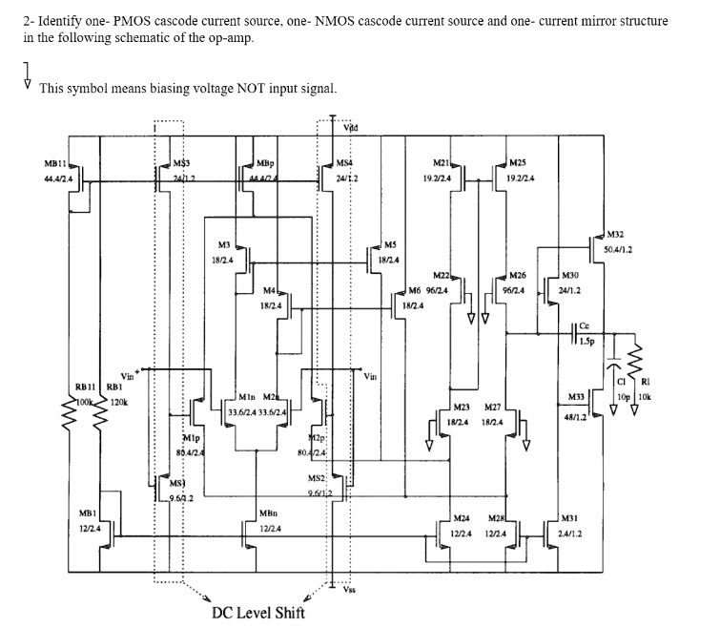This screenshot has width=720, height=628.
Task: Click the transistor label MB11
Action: (55, 164)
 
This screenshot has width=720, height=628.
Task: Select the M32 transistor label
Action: (616, 233)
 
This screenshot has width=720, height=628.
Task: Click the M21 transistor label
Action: (441, 163)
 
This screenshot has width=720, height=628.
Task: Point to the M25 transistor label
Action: (517, 163)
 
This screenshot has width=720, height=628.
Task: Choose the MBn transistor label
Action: (268, 513)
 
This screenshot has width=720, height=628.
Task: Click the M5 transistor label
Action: (388, 244)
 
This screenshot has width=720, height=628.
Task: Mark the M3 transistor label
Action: (224, 245)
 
